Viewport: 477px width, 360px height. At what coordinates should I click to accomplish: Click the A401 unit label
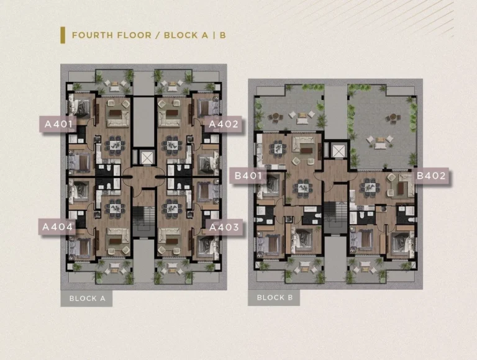(x=58, y=124)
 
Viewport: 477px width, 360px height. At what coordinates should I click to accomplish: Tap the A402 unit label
(x=224, y=124)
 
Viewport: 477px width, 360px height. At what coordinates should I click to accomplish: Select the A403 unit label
(x=224, y=227)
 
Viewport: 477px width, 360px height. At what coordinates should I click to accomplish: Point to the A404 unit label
(x=57, y=227)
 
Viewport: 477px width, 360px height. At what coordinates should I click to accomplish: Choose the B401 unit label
(x=248, y=176)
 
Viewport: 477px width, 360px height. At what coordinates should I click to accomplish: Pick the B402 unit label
(x=431, y=176)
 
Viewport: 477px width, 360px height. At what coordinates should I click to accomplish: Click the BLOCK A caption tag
(x=87, y=299)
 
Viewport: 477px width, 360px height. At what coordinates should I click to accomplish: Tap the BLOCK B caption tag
(x=274, y=297)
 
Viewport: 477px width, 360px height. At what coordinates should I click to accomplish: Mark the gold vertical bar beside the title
(x=63, y=35)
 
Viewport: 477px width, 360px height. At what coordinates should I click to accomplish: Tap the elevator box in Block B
(x=338, y=151)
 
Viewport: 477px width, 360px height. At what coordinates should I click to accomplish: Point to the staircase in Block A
(x=143, y=217)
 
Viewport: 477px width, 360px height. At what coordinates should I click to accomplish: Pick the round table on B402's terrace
(x=393, y=117)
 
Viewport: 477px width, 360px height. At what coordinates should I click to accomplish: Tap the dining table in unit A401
(x=115, y=143)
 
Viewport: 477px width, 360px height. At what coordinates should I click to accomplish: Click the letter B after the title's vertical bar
(x=223, y=35)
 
